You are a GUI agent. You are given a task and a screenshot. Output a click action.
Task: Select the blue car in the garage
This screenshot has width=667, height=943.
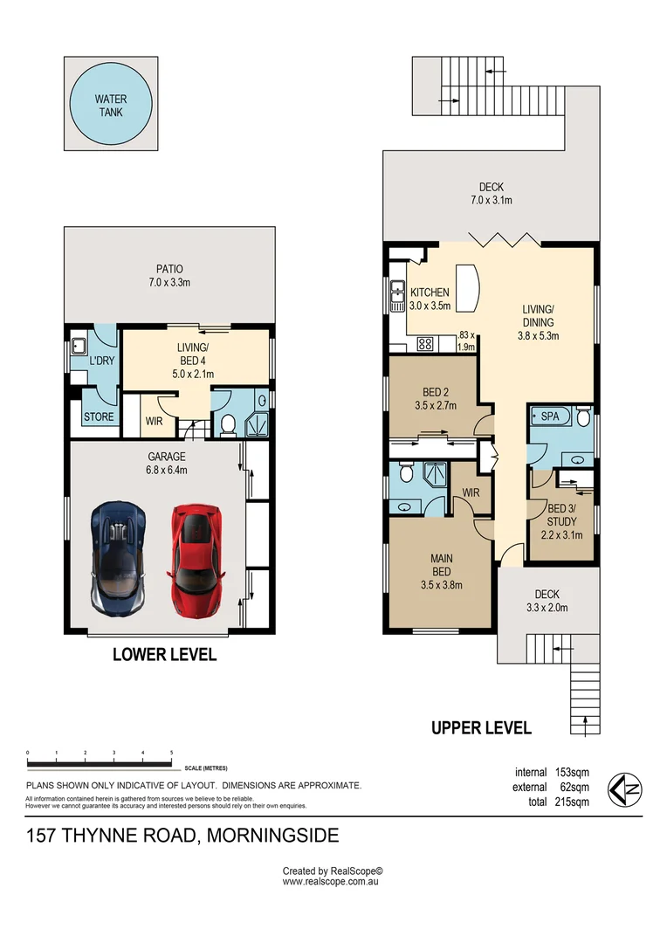[x=119, y=558]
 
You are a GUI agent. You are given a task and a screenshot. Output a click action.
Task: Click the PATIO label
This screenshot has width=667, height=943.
[x=169, y=269]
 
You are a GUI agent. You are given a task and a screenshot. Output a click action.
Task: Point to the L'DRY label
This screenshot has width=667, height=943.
[x=101, y=361]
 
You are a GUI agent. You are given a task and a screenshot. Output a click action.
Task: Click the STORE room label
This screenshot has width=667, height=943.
[x=99, y=416]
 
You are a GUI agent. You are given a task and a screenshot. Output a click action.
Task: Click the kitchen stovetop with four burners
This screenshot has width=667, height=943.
[x=425, y=344]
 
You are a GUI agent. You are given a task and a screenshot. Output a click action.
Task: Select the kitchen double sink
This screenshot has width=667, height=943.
[x=397, y=297]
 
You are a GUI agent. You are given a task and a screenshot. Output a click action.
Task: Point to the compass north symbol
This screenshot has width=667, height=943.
[x=625, y=789]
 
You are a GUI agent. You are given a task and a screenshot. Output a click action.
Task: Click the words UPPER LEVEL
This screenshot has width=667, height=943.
[x=481, y=728]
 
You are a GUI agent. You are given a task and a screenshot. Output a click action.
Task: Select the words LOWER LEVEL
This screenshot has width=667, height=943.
[x=164, y=654]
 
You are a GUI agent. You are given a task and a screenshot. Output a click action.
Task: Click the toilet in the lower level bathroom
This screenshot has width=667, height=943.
[x=228, y=424]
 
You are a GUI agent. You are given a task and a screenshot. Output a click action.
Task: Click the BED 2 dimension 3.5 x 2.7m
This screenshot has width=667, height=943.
[x=436, y=405]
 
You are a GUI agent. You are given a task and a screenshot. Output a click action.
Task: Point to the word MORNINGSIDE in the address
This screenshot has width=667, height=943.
[x=272, y=836]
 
